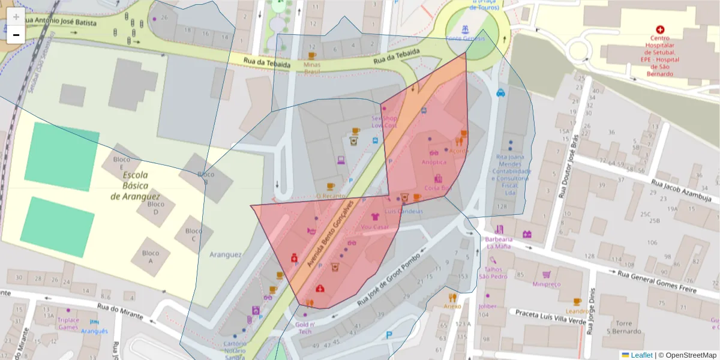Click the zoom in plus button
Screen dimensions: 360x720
coord(16,17)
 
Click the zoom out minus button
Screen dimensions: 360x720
coord(16,35)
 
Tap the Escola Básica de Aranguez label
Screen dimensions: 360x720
coord(135,186)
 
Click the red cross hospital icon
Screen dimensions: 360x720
coord(661,29)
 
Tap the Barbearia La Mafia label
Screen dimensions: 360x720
coord(499,242)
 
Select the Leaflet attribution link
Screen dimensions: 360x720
coord(641,355)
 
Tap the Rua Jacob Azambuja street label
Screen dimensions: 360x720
coord(682,191)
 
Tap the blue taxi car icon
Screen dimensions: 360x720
coord(500,92)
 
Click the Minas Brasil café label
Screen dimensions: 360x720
coord(312,67)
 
